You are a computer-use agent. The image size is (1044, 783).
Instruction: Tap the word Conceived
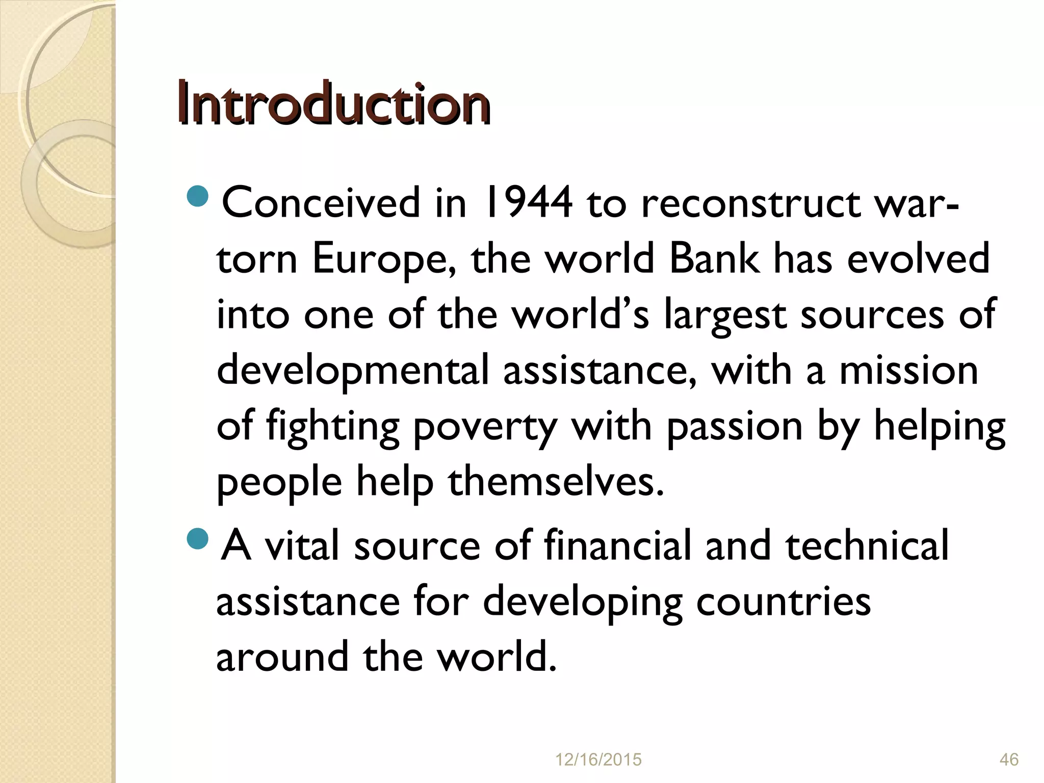pos(321,203)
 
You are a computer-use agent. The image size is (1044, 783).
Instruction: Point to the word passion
pos(735,427)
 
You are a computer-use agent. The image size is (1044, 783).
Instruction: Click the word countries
pos(783,602)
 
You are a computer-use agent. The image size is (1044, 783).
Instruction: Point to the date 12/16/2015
pos(598,760)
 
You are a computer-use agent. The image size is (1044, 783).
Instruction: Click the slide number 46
pos(1009,760)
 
